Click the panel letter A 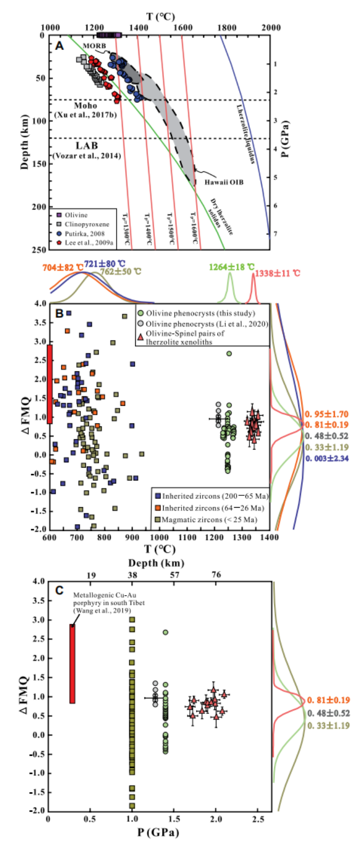pyautogui.click(x=60, y=46)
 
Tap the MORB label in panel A pyautogui.click(x=95, y=46)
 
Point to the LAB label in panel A pyautogui.click(x=86, y=146)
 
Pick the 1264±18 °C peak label pyautogui.click(x=231, y=267)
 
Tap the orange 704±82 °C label pyautogui.click(x=63, y=267)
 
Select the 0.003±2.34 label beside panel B pyautogui.click(x=327, y=458)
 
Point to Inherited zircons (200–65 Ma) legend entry pyautogui.click(x=211, y=496)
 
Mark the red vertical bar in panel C pyautogui.click(x=73, y=664)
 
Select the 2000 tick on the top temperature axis pyautogui.click(x=271, y=27)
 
